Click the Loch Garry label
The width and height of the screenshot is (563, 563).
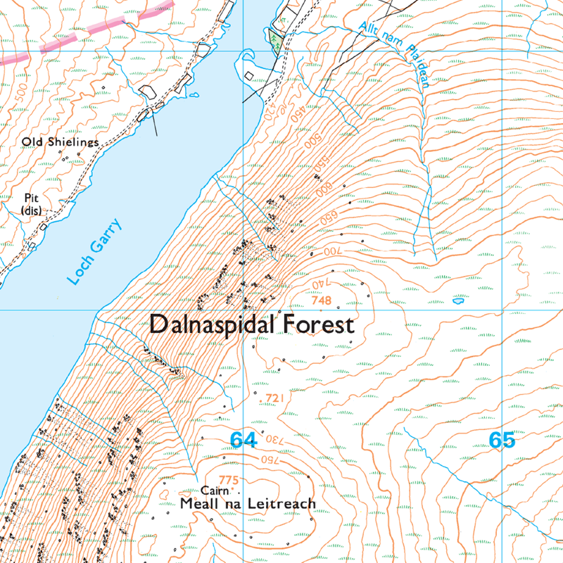pos(95,252)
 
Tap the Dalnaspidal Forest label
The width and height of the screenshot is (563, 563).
pos(251,326)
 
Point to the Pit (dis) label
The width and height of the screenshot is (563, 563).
pos(31,203)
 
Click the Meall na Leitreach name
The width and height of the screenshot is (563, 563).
pos(248,504)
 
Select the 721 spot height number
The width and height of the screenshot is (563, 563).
pos(272,399)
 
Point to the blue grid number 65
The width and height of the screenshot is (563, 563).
pos(502,441)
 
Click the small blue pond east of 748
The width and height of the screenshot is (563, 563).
pos(459,301)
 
